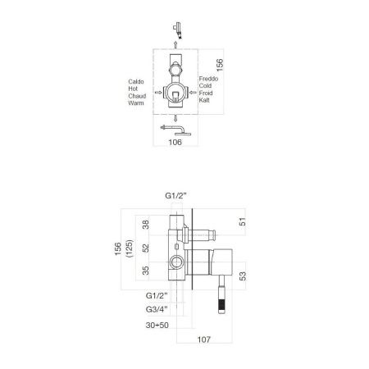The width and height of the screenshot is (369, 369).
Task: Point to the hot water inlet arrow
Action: point(158,93)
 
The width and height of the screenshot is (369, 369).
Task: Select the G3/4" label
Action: point(156,309)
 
